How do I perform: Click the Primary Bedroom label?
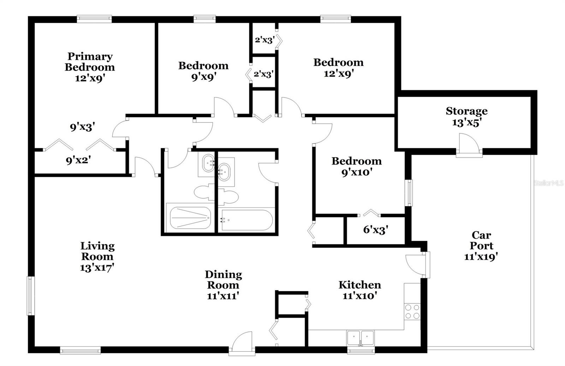coord(90,67)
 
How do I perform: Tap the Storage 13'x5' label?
coord(466,116)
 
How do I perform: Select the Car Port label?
coord(481,245)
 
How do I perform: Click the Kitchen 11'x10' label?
coord(359,290)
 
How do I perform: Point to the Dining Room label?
coord(223,284)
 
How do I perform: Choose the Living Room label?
coord(97,256)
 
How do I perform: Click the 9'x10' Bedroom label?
coord(356,167)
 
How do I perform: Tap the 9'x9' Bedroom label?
coord(203,71)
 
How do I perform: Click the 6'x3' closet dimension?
coord(376,230)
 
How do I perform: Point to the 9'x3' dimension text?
coord(82,127)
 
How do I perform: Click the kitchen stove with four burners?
coord(412,311)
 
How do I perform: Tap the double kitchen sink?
coord(360,338)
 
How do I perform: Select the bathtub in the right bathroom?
coord(246,220)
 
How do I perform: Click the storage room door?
coord(468,145)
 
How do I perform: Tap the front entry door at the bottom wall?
coord(242,343)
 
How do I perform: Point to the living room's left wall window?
coord(31,295)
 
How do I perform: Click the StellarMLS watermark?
coord(548,183)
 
